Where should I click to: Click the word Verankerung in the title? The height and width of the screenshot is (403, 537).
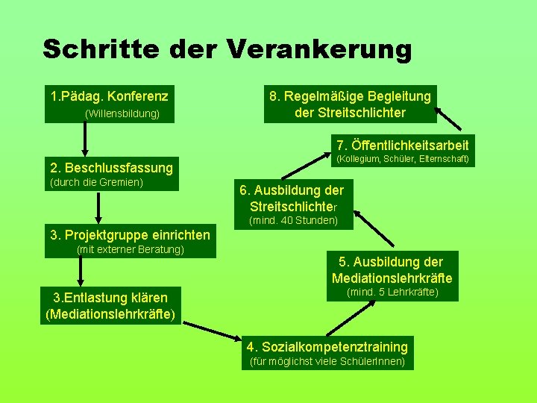click(318, 50)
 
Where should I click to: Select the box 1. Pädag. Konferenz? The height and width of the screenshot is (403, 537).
click(109, 96)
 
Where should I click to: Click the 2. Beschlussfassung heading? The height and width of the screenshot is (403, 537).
click(110, 167)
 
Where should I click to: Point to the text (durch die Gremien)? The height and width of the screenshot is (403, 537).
click(96, 182)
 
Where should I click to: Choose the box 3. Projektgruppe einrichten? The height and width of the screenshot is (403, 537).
click(130, 235)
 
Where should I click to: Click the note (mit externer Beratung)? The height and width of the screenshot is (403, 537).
click(131, 249)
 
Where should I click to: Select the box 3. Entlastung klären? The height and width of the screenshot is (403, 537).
click(110, 305)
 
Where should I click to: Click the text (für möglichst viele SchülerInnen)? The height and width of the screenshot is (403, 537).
click(327, 362)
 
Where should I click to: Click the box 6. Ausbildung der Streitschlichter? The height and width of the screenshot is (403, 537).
click(292, 198)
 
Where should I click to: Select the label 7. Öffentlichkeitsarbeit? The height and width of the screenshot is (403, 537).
click(402, 145)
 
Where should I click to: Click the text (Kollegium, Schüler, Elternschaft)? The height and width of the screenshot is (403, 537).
click(402, 159)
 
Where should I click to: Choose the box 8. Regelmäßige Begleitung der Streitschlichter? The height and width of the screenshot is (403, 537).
click(350, 104)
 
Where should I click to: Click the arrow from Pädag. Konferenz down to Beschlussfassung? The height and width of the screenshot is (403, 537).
click(85, 140)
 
